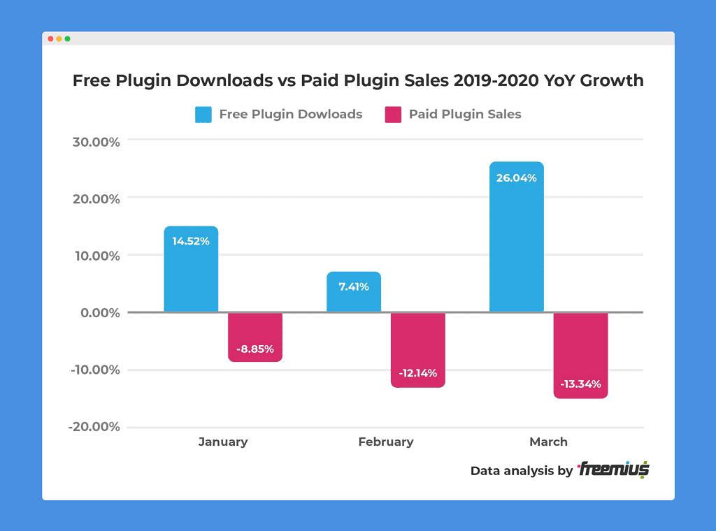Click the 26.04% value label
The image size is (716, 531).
pos(516,178)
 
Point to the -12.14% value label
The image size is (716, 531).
pos(418,373)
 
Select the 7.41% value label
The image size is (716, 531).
pos(354,286)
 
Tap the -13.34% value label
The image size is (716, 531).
pos(580,384)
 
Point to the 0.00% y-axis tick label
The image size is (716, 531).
pos(99,313)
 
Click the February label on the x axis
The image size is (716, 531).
pos(386,442)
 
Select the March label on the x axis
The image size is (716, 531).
pos(548,442)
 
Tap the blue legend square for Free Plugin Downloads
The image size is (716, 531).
pos(203,115)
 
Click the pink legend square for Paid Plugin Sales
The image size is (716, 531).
pos(393,115)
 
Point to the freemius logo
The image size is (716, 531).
pos(613,470)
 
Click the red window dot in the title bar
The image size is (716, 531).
pos(50,38)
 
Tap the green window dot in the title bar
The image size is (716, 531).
pos(68,38)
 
